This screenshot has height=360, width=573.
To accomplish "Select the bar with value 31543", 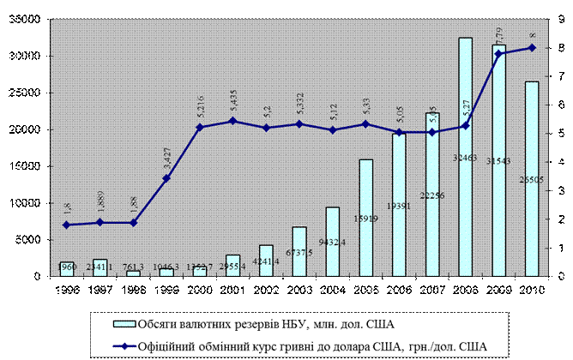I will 499,171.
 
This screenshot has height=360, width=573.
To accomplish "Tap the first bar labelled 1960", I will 67,269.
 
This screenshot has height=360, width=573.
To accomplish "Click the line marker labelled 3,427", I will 166,178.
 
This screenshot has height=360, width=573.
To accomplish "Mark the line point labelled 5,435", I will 232,121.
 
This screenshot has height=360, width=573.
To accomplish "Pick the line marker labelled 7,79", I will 499,53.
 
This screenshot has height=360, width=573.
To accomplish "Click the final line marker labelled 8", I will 533,47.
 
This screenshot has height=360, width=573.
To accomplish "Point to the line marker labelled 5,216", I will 200,127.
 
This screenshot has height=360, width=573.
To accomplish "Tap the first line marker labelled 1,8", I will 67,225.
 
